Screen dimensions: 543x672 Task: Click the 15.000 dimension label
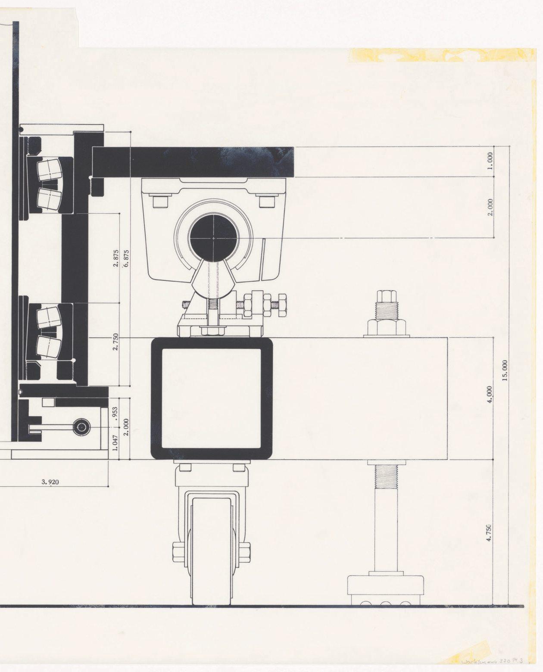click(x=505, y=370)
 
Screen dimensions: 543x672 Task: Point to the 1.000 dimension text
click(x=490, y=161)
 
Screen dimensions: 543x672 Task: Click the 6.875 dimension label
click(x=126, y=259)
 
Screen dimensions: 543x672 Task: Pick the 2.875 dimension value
click(x=116, y=258)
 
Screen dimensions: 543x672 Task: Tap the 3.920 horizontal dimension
click(x=50, y=482)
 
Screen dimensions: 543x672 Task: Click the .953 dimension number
click(x=115, y=414)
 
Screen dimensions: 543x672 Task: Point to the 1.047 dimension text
click(x=115, y=442)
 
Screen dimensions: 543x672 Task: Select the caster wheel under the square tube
click(x=212, y=551)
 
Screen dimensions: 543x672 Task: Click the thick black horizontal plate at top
click(x=194, y=162)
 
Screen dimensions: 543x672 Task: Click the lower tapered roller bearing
click(x=48, y=332)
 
